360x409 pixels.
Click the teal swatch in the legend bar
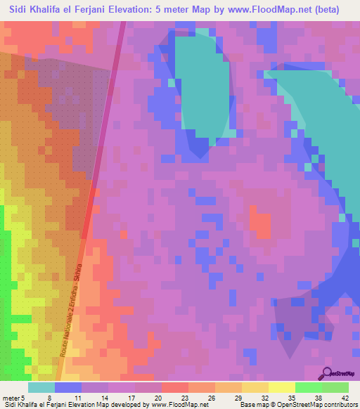point(41,387)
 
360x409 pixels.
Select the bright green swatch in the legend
point(308,387)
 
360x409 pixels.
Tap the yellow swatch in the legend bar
point(281,387)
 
